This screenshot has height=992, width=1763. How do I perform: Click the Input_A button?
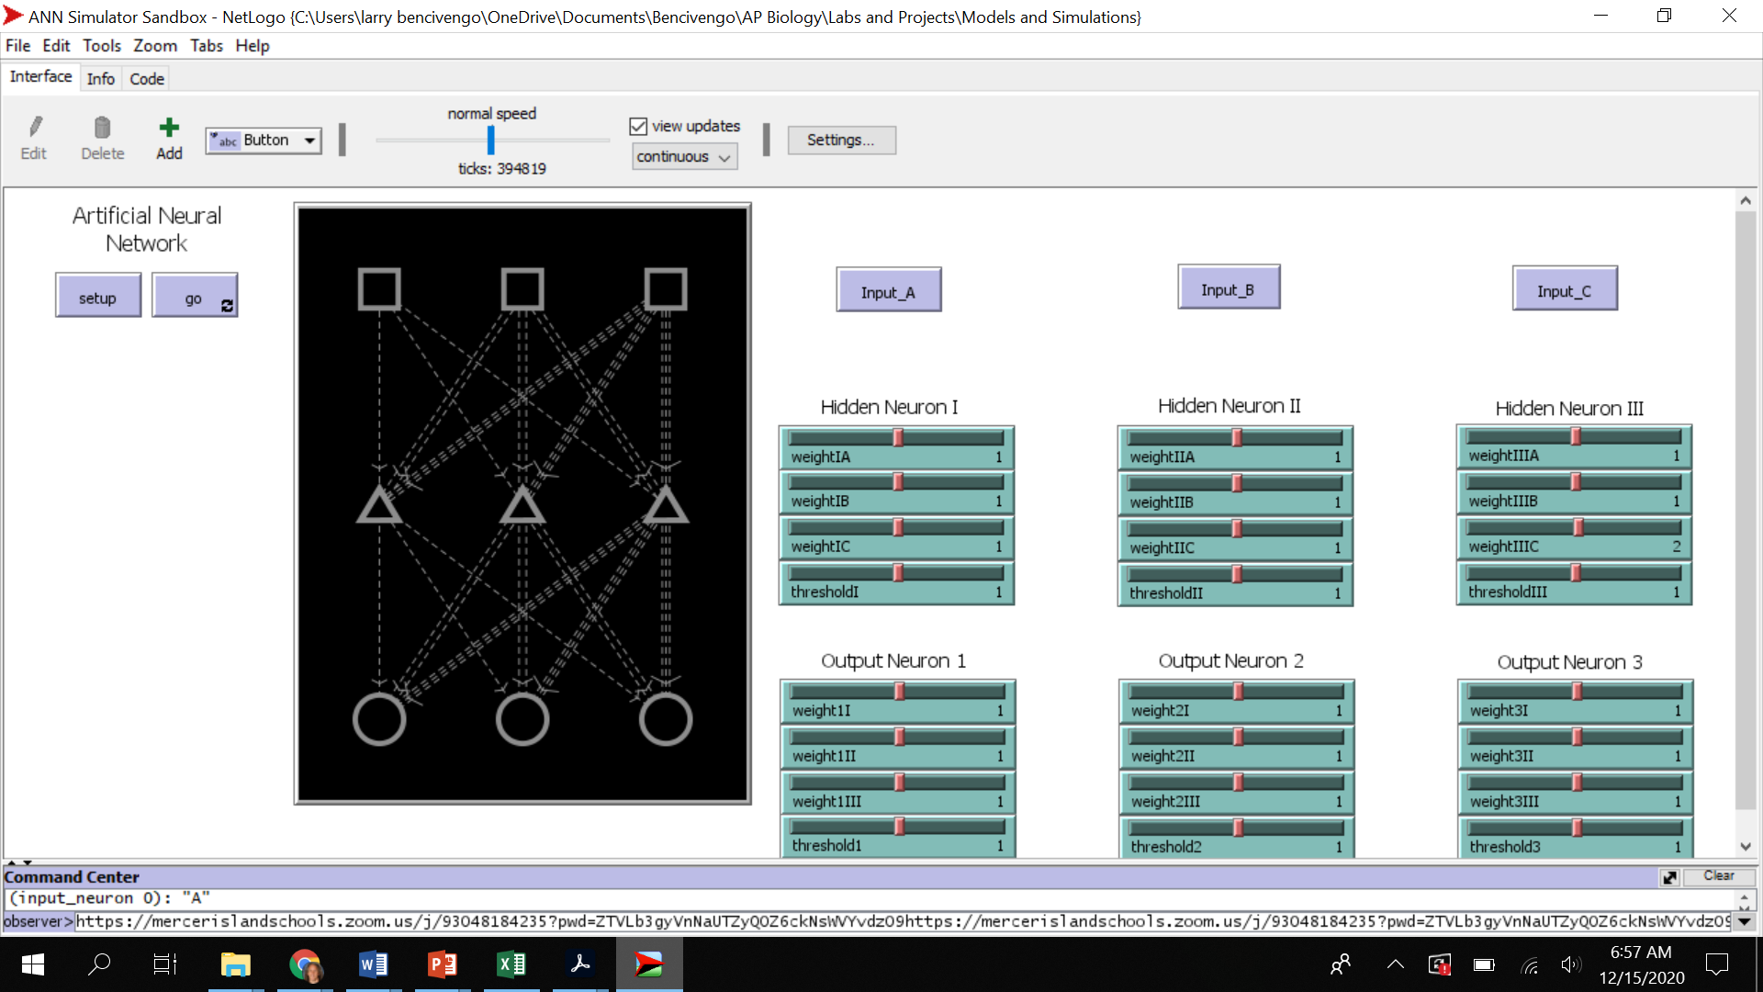tap(888, 291)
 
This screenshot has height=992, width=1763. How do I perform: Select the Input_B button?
tap(1228, 288)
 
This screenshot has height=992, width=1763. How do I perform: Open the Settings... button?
tap(840, 140)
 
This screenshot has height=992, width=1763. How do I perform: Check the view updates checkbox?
tap(639, 126)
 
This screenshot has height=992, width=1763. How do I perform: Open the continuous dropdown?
tap(684, 157)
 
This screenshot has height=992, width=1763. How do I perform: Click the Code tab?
tap(147, 79)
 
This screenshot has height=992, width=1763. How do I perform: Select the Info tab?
tap(101, 79)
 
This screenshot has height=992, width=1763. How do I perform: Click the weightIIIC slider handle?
tap(1578, 527)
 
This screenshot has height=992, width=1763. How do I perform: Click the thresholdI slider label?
tap(825, 592)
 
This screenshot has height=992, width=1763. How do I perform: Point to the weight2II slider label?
tap(1162, 756)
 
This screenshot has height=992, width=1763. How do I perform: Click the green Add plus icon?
tap(169, 128)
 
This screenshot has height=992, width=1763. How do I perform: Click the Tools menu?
tap(102, 46)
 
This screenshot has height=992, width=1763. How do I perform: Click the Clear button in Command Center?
tap(1718, 876)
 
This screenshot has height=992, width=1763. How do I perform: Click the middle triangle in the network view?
tap(522, 505)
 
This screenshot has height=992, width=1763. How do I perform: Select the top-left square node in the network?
tap(379, 288)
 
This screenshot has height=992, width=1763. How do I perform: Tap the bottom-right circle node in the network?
tap(666, 718)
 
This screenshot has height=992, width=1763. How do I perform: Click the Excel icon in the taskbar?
tap(511, 964)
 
